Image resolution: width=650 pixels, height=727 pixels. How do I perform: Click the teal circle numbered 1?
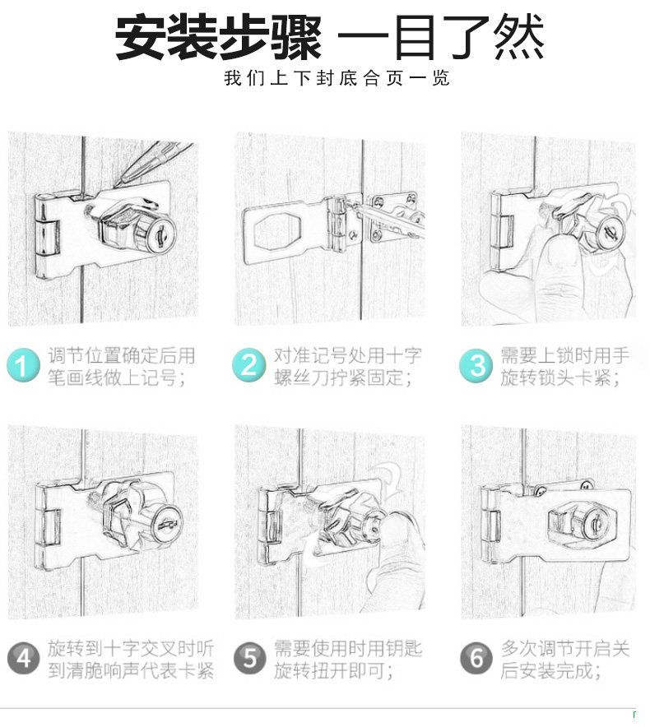tap(23, 365)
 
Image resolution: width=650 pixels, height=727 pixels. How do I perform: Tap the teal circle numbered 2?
tap(249, 365)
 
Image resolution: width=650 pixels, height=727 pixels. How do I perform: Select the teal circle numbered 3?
tap(476, 366)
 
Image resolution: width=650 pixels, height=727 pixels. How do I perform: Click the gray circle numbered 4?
tap(24, 658)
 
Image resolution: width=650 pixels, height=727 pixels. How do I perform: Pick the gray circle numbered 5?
tap(249, 658)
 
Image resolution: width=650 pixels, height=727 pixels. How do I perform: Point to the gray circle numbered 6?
tap(476, 658)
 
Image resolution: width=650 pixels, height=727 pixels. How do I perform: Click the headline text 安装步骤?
tap(218, 37)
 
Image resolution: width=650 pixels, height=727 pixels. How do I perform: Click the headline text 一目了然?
tap(441, 37)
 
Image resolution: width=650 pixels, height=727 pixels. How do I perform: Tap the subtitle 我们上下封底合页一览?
tap(337, 78)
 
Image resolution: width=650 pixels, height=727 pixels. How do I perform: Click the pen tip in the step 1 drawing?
tap(117, 185)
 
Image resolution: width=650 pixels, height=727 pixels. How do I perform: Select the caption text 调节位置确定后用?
tap(122, 355)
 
